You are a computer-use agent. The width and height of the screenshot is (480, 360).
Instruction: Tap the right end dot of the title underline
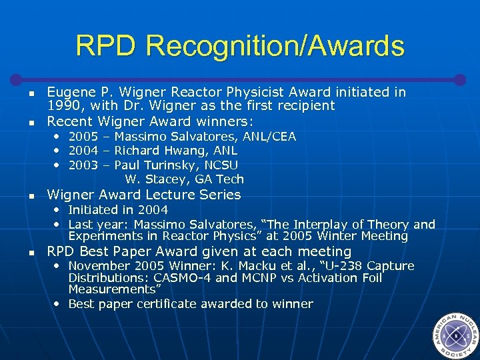(459, 79)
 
